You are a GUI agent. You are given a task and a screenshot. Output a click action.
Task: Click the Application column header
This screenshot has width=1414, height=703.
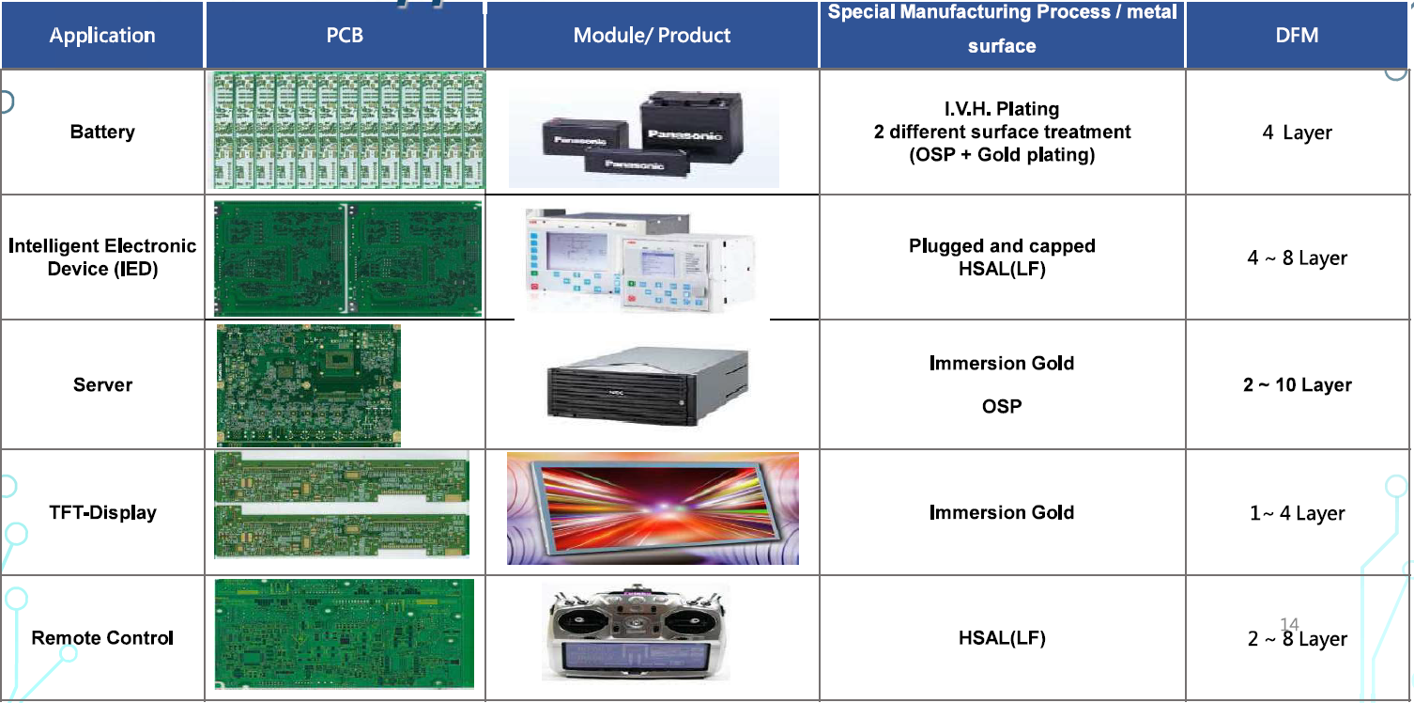[x=102, y=36]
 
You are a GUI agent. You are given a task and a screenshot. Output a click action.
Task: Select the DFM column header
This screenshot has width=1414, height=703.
[x=1297, y=35]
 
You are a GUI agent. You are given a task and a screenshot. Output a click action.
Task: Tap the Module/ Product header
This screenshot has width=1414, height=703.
[x=652, y=36]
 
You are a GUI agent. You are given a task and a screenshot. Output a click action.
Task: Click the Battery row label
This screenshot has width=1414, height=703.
[x=102, y=132]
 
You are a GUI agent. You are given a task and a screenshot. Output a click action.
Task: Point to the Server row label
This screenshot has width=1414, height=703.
[x=102, y=384]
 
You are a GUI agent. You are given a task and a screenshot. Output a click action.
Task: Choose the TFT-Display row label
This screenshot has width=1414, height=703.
[x=102, y=512]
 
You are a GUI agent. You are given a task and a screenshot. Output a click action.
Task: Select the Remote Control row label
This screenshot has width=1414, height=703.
[x=102, y=638]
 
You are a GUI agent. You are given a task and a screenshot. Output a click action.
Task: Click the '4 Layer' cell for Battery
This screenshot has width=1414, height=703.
[x=1297, y=133]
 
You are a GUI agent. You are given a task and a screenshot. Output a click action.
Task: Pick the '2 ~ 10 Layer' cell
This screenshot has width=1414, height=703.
[x=1298, y=384]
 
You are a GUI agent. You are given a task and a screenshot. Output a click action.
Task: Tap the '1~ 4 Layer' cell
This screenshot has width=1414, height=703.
[x=1297, y=513]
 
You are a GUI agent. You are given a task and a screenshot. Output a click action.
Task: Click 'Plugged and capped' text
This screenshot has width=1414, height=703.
[x=1002, y=245]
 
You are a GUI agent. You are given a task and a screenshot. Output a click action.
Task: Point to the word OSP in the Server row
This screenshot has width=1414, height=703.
[x=1002, y=406]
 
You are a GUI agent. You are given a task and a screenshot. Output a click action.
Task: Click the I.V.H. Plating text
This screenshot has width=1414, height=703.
[x=1002, y=109]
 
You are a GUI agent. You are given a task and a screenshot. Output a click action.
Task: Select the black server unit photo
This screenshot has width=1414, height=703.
[x=648, y=385]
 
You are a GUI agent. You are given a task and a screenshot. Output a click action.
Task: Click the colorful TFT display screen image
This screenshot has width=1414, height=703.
[x=653, y=508]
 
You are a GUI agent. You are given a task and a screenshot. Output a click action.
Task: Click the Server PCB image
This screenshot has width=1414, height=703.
[x=309, y=385]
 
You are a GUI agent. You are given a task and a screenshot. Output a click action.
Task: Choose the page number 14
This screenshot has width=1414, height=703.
[x=1289, y=624]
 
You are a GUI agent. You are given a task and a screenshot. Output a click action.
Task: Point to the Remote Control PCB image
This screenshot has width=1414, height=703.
[x=344, y=633]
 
